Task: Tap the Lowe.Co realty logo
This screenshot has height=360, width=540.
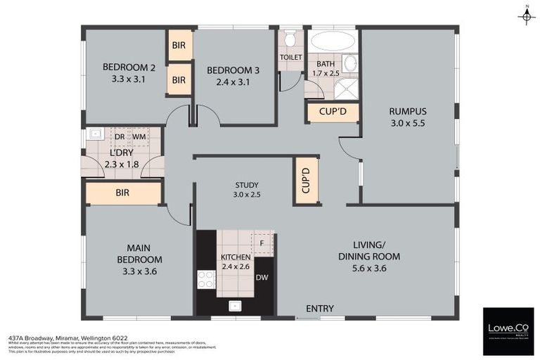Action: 508,330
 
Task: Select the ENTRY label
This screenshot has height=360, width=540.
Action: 319,308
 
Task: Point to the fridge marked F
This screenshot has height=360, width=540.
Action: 262,243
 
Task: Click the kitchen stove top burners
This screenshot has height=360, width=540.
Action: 205,279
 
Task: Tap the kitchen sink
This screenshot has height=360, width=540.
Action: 234,306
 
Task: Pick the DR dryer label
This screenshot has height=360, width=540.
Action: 120,136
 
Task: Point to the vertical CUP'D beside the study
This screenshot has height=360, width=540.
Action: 305,181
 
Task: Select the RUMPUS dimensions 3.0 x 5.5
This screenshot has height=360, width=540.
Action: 408,123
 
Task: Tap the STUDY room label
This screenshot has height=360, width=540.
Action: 247,186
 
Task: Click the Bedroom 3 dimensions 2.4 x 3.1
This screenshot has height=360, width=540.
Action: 229,82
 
